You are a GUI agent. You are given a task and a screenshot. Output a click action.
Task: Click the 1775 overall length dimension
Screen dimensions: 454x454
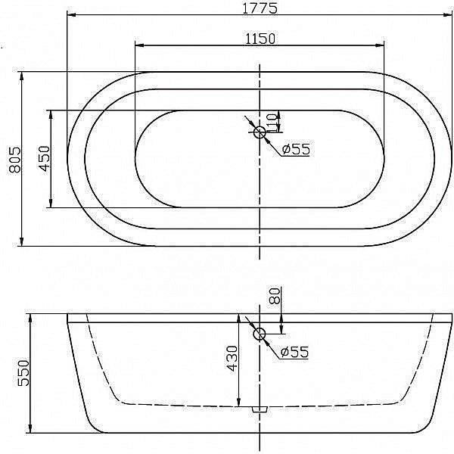260,8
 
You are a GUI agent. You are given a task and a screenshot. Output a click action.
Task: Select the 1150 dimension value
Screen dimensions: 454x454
260,39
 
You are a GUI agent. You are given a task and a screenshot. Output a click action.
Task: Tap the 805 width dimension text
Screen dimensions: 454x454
15,160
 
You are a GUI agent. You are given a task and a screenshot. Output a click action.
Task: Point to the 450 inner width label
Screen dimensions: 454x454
45,158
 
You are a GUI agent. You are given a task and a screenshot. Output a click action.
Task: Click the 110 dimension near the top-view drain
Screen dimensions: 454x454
271,123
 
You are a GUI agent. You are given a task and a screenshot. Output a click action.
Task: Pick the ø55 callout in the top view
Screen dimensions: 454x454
296,149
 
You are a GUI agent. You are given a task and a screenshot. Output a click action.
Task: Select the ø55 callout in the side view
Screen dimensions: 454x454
295,352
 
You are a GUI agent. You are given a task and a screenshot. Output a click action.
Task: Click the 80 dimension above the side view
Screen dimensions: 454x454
275,295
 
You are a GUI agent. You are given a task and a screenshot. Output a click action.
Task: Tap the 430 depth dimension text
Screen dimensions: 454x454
232,358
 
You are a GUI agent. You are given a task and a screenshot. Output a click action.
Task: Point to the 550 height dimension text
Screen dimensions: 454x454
23,373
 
